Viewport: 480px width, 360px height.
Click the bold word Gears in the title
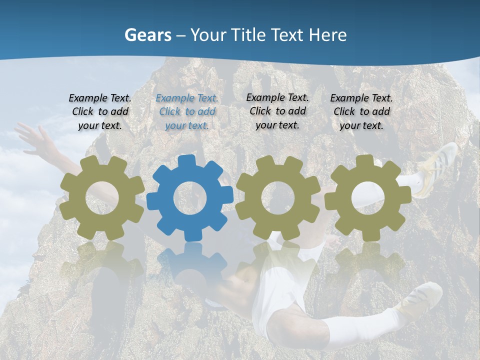[147, 35]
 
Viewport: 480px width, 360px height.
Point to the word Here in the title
[327, 35]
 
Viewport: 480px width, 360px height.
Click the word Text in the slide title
[287, 35]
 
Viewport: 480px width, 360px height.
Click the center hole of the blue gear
[189, 198]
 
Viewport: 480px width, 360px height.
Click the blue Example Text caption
[187, 112]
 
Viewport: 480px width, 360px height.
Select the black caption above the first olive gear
[100, 112]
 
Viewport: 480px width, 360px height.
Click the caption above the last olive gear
[361, 112]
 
